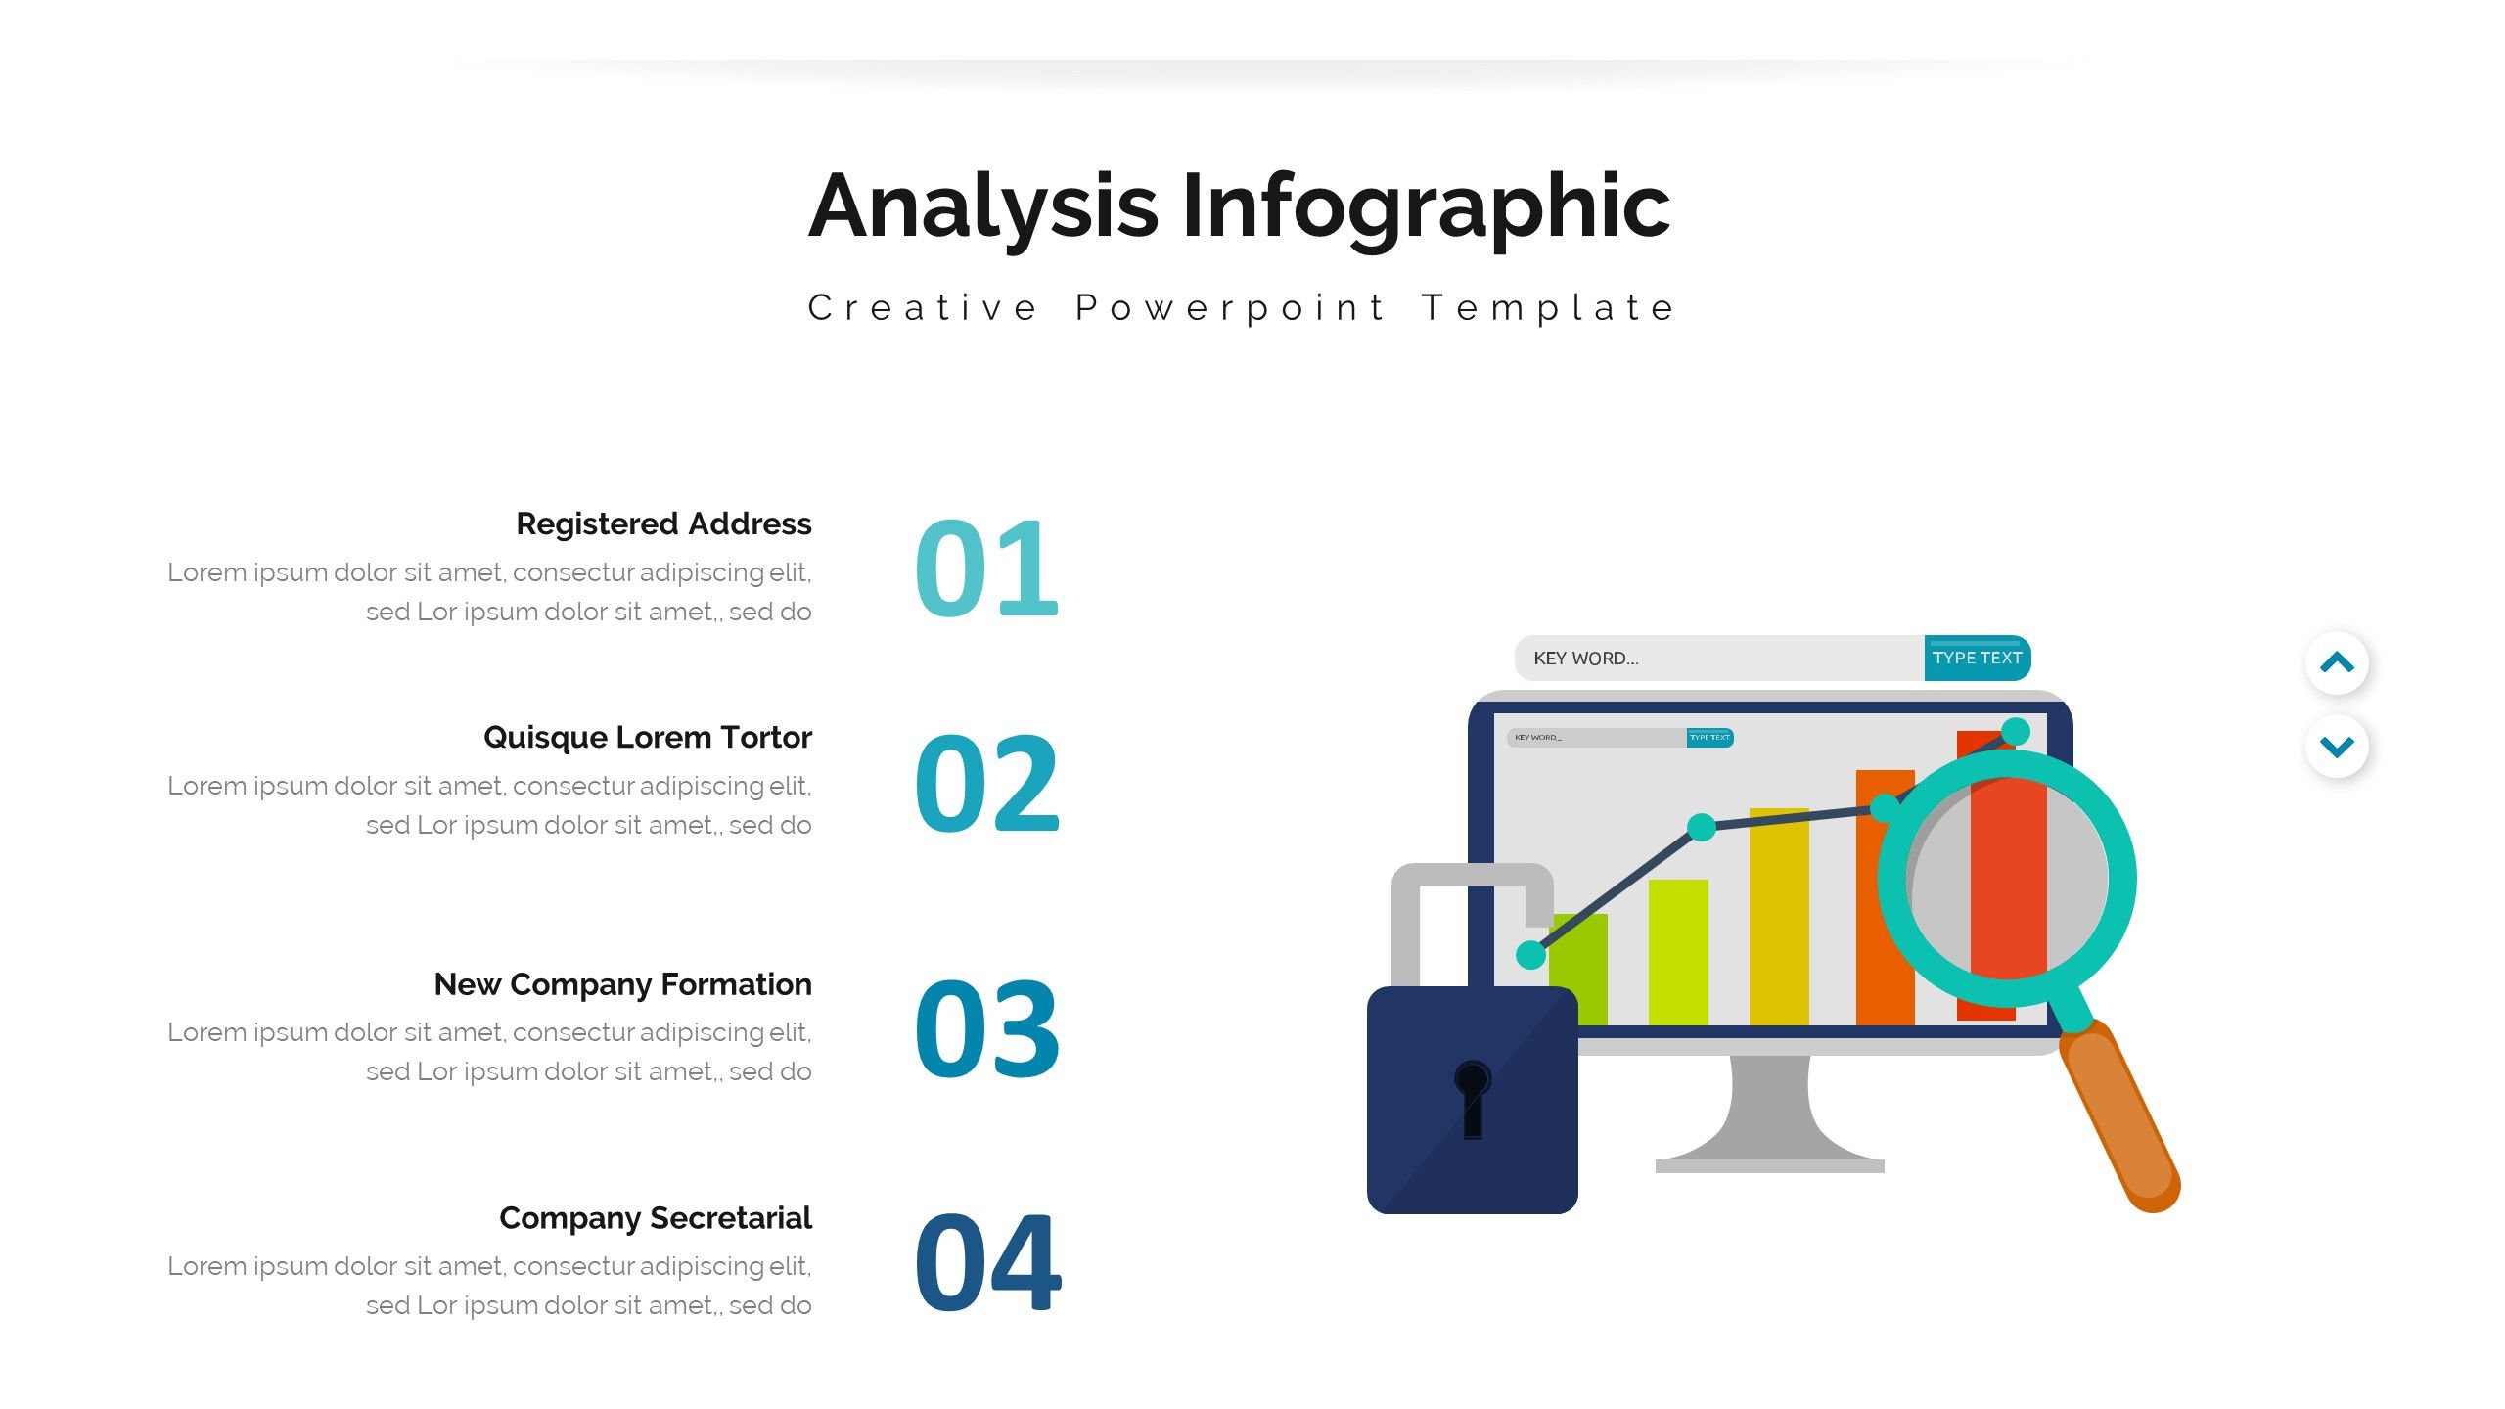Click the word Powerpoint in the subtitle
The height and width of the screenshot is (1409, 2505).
(1230, 308)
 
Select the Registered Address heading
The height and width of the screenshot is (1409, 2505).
(663, 523)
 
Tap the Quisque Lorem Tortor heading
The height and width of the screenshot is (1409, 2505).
(647, 737)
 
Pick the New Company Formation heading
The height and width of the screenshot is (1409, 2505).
(622, 984)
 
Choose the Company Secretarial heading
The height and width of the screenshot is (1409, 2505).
(655, 1218)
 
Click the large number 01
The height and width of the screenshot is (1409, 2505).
(986, 568)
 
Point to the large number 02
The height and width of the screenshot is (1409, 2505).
(986, 783)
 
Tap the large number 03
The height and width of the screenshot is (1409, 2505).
(986, 1029)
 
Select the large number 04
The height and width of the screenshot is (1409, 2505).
(986, 1262)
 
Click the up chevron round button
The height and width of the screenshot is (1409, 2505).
(2337, 663)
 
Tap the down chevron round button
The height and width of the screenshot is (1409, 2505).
(2337, 748)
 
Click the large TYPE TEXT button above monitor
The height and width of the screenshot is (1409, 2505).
(1977, 659)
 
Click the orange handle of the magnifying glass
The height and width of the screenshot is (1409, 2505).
(2119, 1115)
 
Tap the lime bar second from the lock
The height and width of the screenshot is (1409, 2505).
(1677, 953)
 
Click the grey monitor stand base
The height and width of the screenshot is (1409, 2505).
(1769, 1164)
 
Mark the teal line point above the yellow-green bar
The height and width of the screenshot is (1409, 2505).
(1702, 827)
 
